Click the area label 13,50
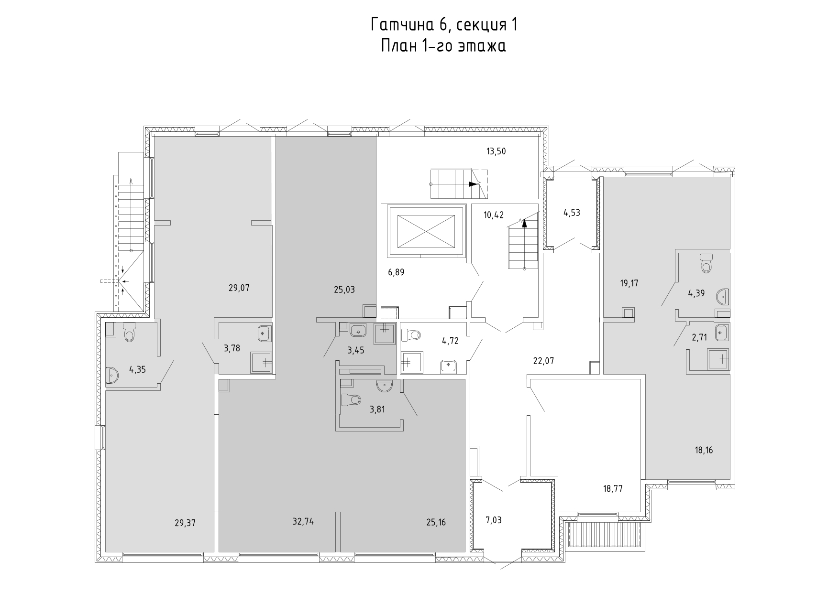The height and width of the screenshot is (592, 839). [x=496, y=152]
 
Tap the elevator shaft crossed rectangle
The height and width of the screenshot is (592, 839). [x=426, y=231]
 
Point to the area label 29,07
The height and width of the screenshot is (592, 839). [x=239, y=288]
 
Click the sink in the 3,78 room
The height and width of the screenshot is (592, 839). [x=265, y=333]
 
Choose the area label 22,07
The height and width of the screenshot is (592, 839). [x=543, y=361]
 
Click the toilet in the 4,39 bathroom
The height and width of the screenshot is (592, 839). [x=706, y=263]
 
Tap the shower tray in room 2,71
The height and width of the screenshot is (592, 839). [x=718, y=359]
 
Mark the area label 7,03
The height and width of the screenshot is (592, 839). [x=494, y=520]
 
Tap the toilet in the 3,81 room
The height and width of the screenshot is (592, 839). [x=352, y=399]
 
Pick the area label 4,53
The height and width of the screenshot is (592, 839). [x=572, y=213]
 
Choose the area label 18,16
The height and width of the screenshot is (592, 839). [x=704, y=450]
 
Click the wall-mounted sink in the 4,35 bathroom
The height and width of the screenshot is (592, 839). [x=112, y=376]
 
